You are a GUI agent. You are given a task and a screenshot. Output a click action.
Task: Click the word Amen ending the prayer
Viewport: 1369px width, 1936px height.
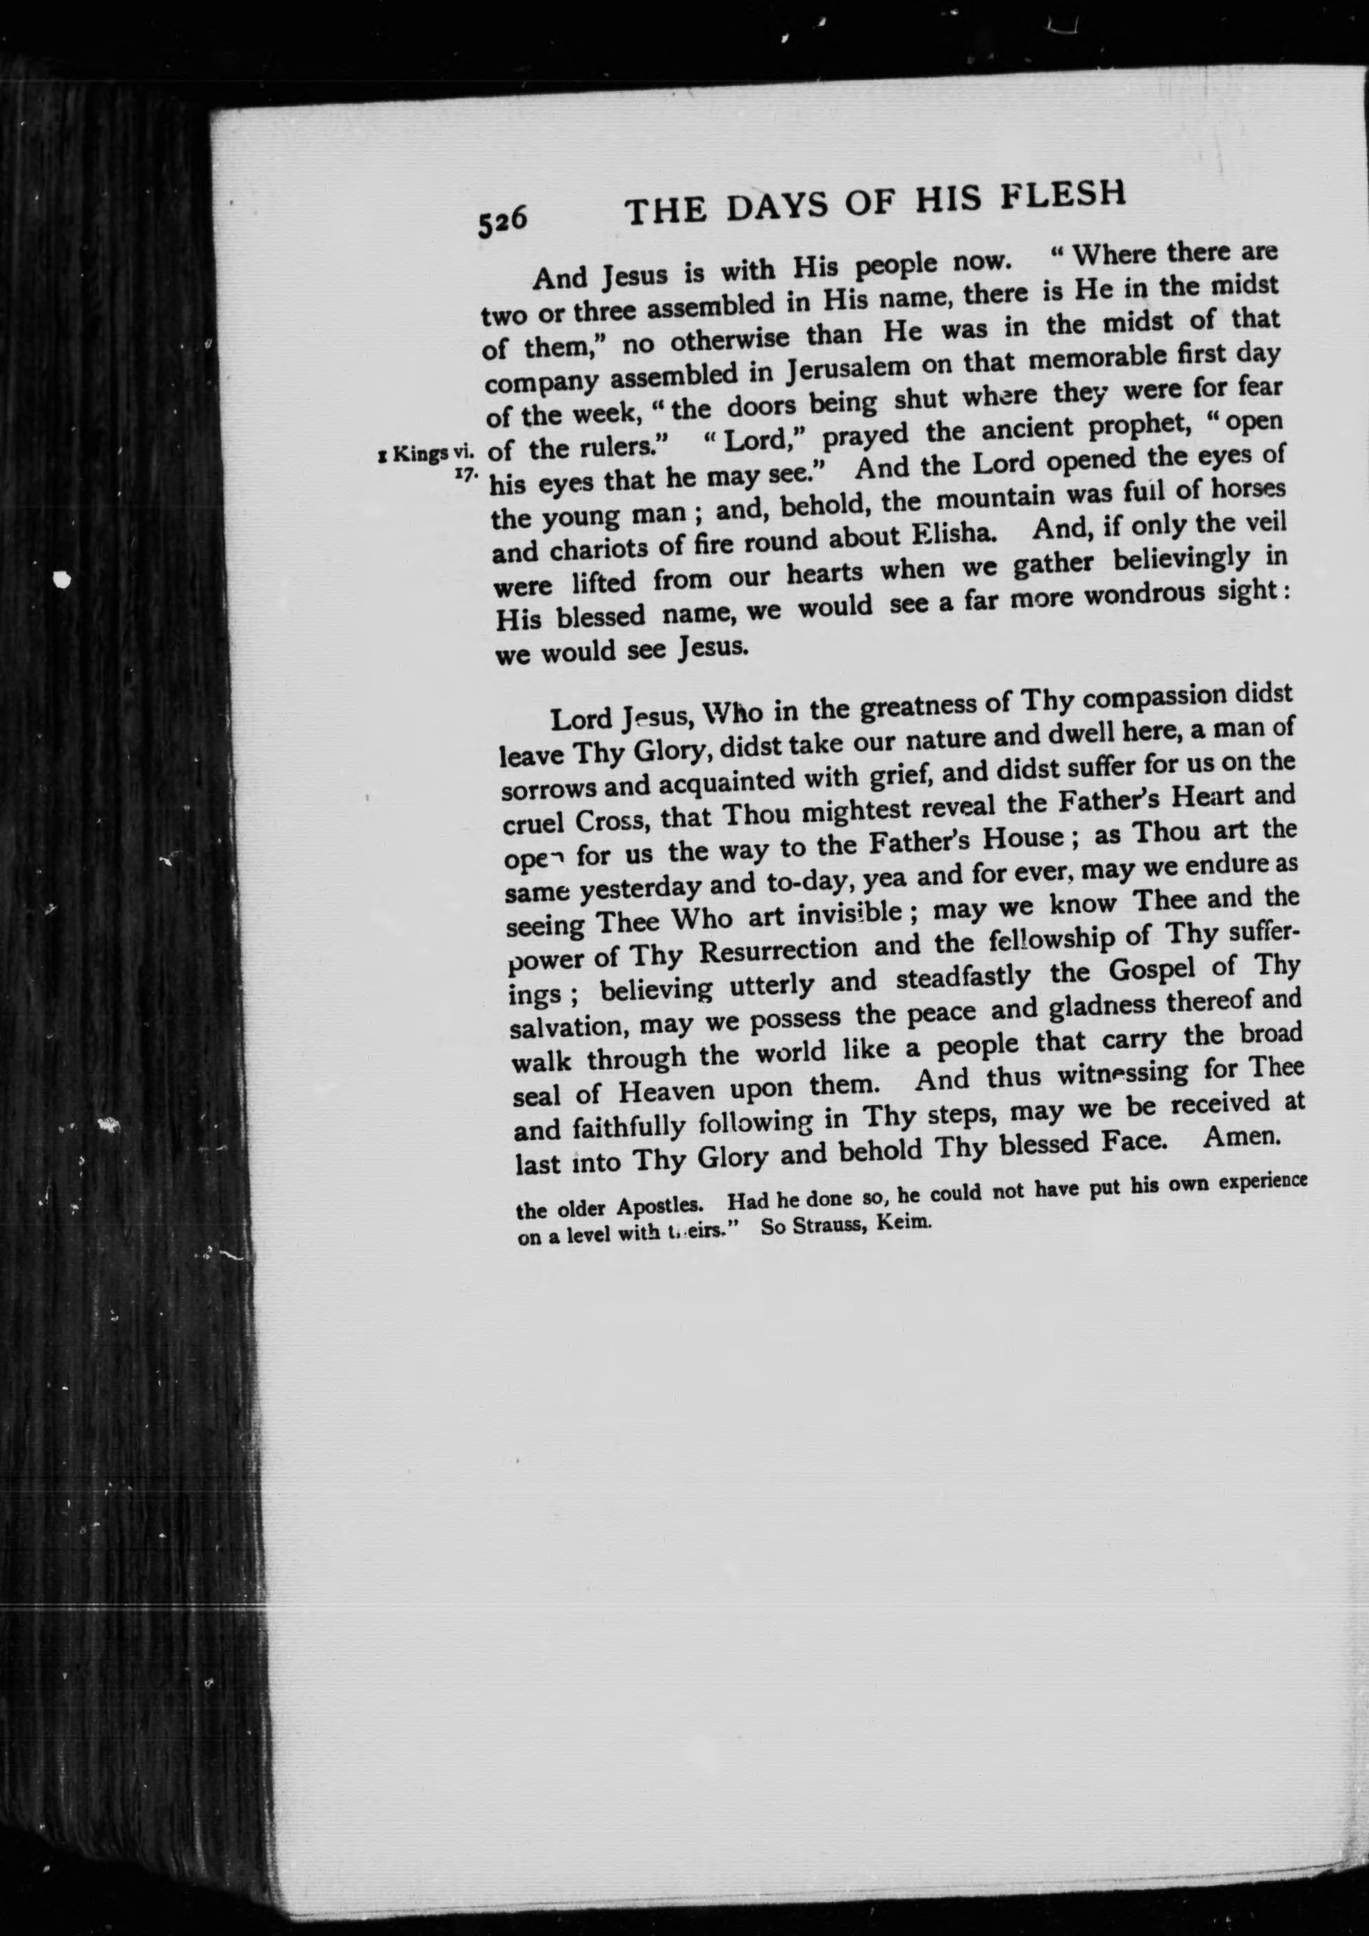[x=1242, y=1136]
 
